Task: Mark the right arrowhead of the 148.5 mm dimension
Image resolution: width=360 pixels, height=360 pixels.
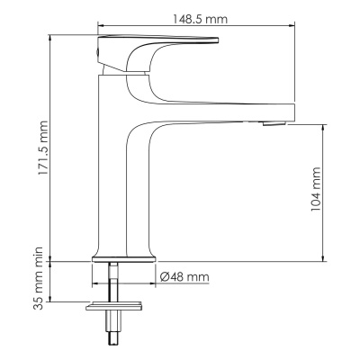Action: (x=293, y=26)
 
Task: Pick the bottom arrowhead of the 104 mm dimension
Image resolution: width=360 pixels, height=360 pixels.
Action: (x=322, y=259)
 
